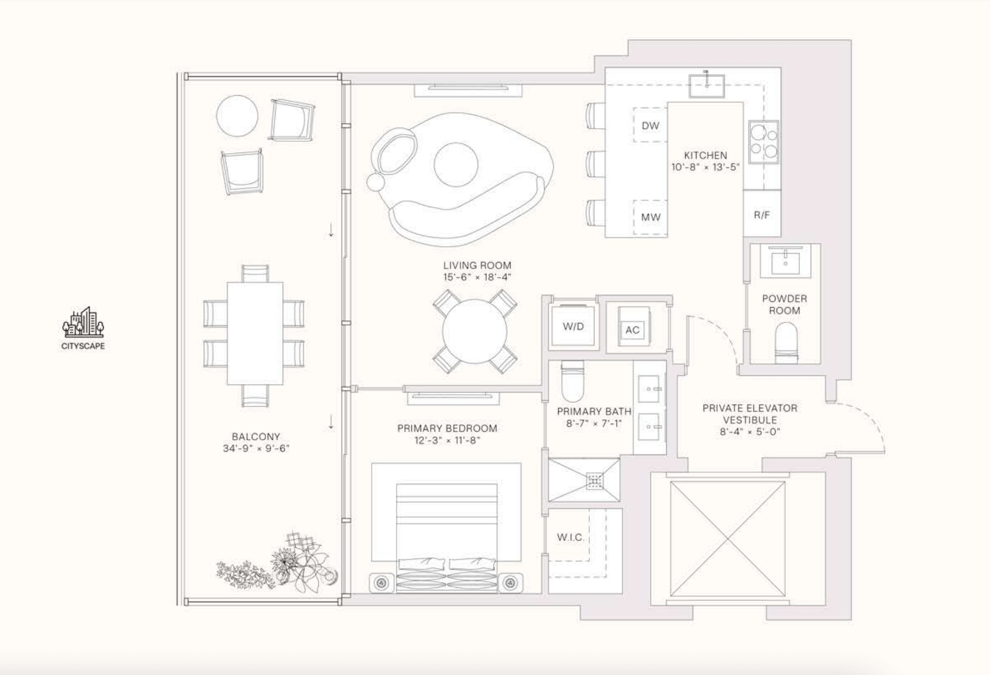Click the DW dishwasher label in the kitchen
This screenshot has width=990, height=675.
click(650, 125)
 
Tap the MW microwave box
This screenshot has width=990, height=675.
click(650, 217)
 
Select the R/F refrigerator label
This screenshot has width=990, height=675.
click(762, 215)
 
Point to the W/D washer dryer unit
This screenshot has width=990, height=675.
click(573, 326)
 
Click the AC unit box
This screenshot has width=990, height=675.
click(633, 330)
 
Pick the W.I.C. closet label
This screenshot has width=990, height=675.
click(570, 537)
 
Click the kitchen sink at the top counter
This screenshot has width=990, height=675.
click(706, 85)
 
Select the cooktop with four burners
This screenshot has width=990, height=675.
click(764, 142)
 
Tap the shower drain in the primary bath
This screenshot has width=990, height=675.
click(594, 480)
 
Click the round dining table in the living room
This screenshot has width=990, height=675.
click(474, 331)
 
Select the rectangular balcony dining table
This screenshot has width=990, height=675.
click(255, 333)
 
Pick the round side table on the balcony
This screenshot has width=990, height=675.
click(237, 116)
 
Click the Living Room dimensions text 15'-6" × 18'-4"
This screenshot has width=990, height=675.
click(477, 277)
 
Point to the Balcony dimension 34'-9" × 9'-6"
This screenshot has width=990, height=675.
click(256, 448)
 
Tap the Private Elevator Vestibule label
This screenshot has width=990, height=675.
click(750, 414)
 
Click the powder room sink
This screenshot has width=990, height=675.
click(785, 262)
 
